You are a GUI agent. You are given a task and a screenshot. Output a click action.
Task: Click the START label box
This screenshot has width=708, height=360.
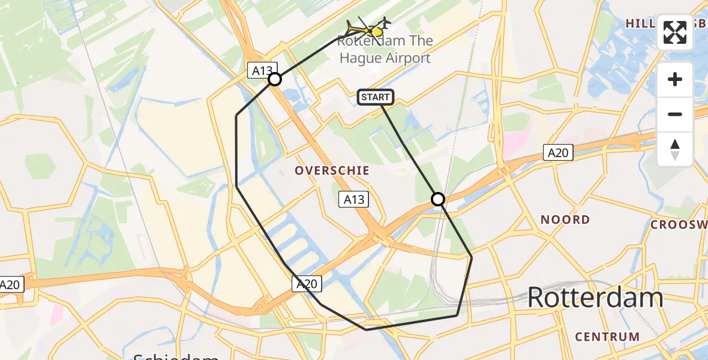coord(376,97)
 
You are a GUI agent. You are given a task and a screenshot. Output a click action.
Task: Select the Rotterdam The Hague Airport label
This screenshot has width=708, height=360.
coord(385,50)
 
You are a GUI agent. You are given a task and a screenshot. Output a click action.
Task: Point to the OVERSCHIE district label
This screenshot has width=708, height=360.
coord(331,171)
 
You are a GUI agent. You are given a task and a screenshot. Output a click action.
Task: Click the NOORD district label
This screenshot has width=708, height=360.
coord(565,220)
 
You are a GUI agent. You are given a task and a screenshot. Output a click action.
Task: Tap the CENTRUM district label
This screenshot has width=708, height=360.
coord(607,336)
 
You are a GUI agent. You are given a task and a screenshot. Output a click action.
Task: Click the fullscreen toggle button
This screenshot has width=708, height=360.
coord(675,32)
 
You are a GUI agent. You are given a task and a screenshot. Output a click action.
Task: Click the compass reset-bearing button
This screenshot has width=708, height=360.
coord(675,149)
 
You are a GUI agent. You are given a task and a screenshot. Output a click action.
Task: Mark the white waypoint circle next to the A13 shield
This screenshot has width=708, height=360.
coord(275,79)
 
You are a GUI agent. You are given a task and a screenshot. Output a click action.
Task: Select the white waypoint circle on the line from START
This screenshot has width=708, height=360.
coord(438,199)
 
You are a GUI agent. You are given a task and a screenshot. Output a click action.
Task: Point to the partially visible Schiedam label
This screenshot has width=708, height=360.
coord(175,355)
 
